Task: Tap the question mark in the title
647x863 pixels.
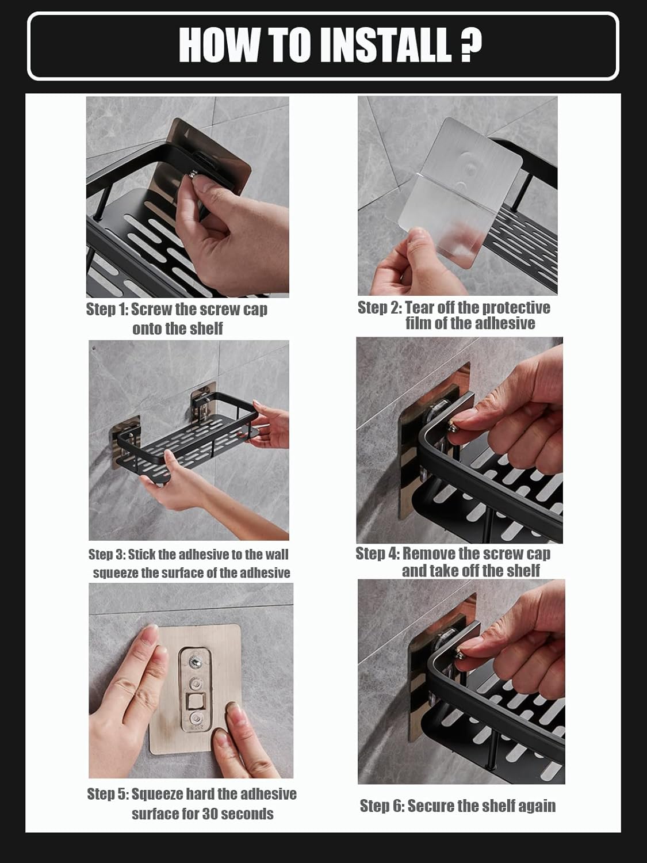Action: click(470, 45)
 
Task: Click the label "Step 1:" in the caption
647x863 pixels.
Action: click(107, 310)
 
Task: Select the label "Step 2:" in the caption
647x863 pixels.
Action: click(380, 307)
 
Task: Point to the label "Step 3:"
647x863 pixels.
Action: click(106, 555)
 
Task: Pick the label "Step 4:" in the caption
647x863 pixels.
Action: click(377, 553)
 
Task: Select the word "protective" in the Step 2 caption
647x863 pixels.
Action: click(516, 308)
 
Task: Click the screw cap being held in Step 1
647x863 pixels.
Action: click(193, 174)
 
